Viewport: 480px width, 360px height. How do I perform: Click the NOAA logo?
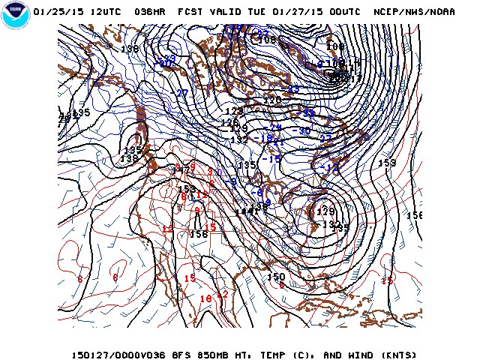pyautogui.click(x=14, y=14)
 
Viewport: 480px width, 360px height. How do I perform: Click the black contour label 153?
pyautogui.click(x=387, y=163)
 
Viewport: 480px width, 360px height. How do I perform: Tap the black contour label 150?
pyautogui.click(x=276, y=277)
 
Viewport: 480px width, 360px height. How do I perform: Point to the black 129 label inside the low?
pyautogui.click(x=325, y=212)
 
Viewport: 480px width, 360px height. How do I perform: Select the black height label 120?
pyautogui.click(x=272, y=100)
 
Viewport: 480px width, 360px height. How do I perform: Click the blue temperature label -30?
pyautogui.click(x=304, y=130)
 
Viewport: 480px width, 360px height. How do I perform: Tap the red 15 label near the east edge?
pyautogui.click(x=387, y=281)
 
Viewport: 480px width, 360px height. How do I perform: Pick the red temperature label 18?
pyautogui.click(x=205, y=298)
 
